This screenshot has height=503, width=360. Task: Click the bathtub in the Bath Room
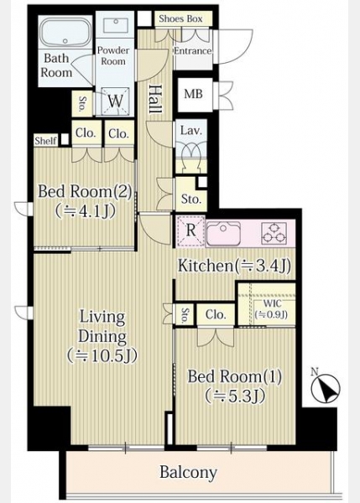pyautogui.click(x=65, y=32)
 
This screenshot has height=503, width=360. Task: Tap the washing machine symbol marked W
pyautogui.click(x=116, y=101)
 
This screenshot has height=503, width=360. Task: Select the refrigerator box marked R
pyautogui.click(x=190, y=231)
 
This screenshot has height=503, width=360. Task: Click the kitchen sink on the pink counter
pyautogui.click(x=223, y=233)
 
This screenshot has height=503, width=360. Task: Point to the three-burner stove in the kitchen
pyautogui.click(x=274, y=233)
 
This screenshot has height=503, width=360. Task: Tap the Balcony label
pyautogui.click(x=188, y=472)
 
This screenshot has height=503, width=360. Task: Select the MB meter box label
pyautogui.click(x=193, y=94)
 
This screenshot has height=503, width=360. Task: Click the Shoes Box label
pyautogui.click(x=180, y=19)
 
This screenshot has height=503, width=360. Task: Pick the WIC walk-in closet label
pyautogui.click(x=272, y=303)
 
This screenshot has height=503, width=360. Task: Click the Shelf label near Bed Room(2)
pyautogui.click(x=46, y=141)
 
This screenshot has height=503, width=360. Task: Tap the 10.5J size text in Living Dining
pyautogui.click(x=102, y=355)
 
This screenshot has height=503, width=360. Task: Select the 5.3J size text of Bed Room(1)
pyautogui.click(x=236, y=396)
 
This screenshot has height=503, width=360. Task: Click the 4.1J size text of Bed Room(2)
pyautogui.click(x=85, y=211)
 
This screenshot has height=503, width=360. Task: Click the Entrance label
pyautogui.click(x=193, y=51)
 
